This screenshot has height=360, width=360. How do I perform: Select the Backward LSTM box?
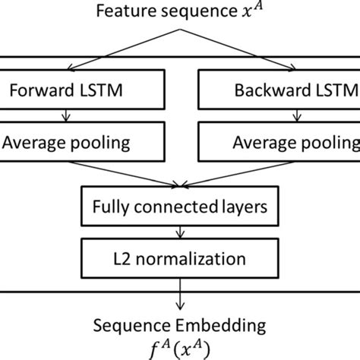(x=278, y=93)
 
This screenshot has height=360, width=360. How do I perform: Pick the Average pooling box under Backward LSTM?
(x=278, y=142)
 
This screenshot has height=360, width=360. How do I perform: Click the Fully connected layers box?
(x=180, y=205)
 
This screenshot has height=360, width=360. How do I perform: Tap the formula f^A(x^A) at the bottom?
(x=179, y=346)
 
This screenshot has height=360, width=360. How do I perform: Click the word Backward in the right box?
(x=257, y=93)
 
